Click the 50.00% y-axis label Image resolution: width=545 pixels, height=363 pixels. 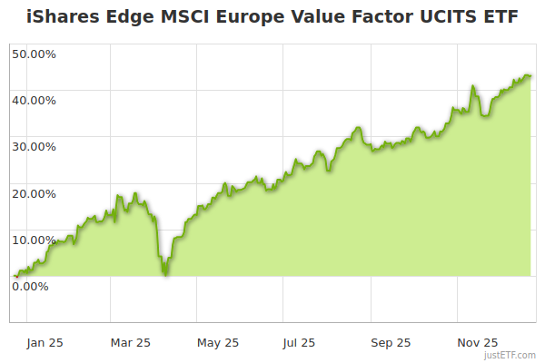pos(34,54)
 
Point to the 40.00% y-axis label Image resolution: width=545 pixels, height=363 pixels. pos(34,100)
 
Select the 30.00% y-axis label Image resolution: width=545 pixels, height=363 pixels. pos(34,146)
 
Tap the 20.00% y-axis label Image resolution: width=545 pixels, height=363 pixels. pos(34,192)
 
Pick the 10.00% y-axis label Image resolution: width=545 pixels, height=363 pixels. pos(34,240)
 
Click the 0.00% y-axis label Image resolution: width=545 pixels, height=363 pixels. pos(30,286)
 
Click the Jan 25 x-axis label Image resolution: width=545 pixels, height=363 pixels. pos(45,342)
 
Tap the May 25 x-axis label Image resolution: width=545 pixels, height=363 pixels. pos(218,342)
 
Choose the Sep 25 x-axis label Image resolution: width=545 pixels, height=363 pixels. pos(390,342)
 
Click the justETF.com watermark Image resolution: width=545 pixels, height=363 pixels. pos(510,356)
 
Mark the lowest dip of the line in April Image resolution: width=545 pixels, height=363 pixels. pos(164,274)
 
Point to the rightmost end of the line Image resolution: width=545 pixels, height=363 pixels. pos(530,76)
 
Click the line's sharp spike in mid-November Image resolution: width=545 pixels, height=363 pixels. pos(473,88)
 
